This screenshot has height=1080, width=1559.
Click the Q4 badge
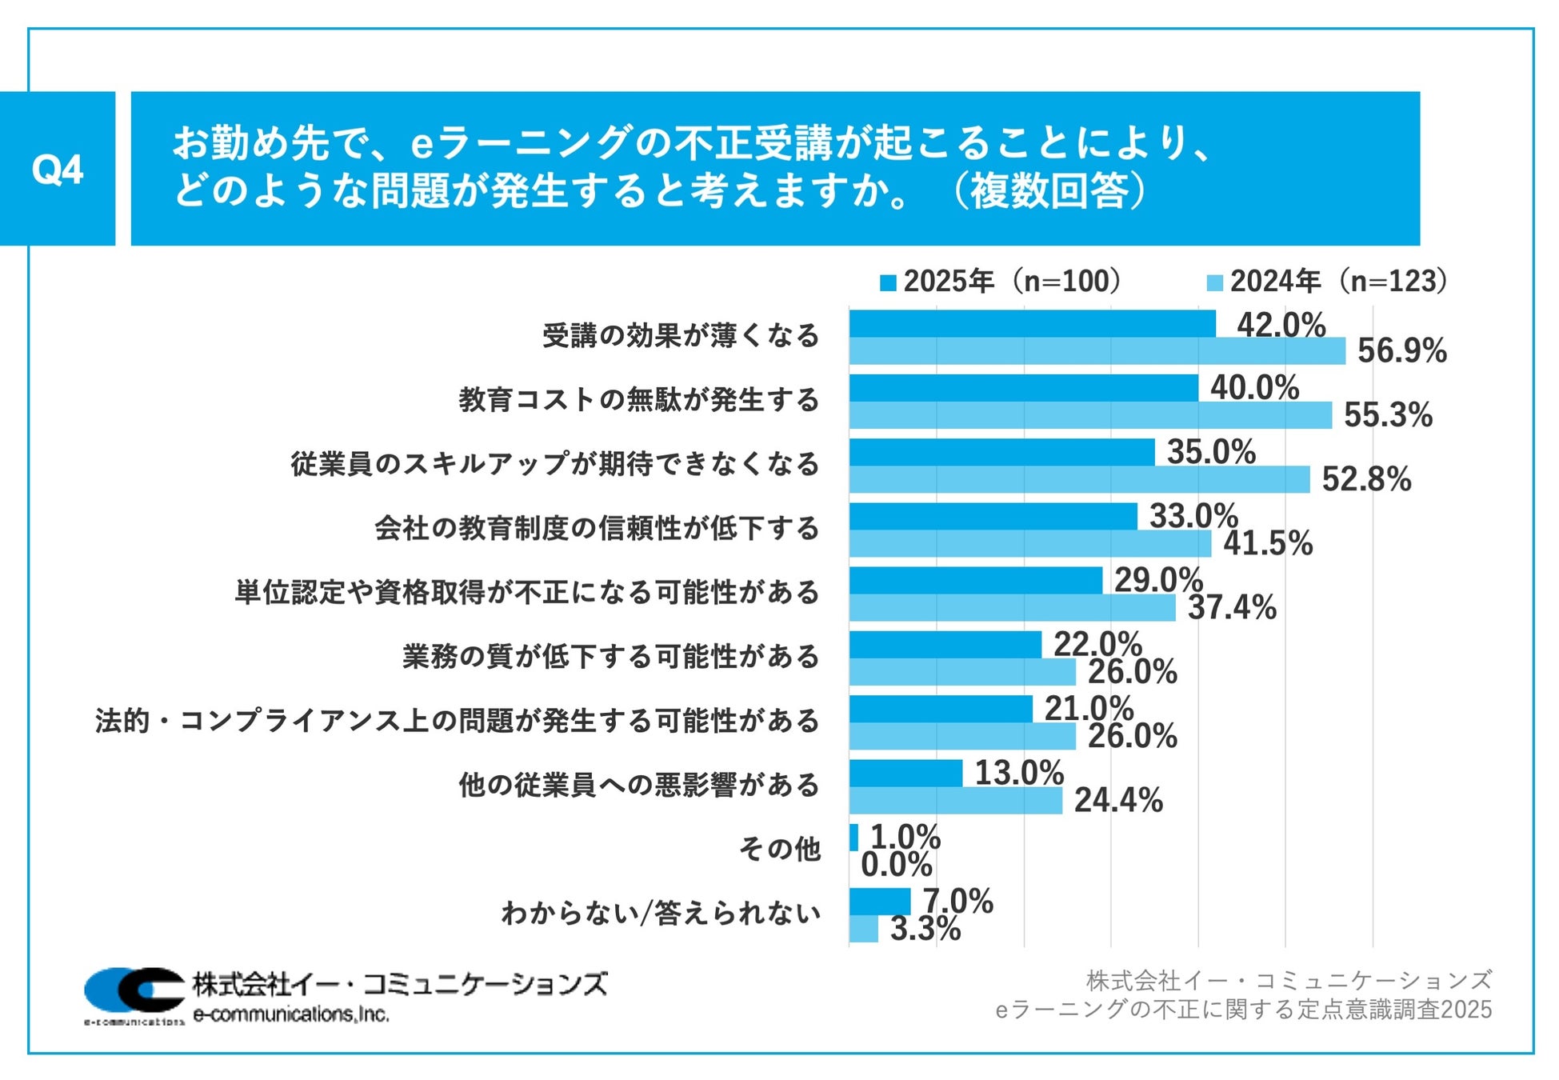[x=58, y=169]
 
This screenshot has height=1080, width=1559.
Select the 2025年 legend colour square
[x=888, y=282]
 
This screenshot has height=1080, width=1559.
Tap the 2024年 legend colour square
[x=1214, y=282]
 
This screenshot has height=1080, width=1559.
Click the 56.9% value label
[x=1401, y=351]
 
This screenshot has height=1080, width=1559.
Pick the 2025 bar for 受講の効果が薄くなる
[x=1032, y=324]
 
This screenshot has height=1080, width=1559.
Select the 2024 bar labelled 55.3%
[x=1090, y=415]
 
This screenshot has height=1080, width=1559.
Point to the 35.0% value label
[x=1211, y=452]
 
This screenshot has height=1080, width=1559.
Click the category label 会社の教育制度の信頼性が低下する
[x=597, y=528]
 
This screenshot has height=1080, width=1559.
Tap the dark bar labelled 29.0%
[x=976, y=581]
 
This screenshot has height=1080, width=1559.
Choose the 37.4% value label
[x=1232, y=608]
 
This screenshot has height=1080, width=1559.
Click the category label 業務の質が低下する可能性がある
[x=611, y=657]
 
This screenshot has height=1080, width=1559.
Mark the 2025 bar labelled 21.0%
[x=941, y=709]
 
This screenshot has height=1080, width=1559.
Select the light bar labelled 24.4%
[x=956, y=800]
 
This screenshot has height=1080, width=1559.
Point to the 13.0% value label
[x=1019, y=774]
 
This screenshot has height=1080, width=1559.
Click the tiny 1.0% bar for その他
[x=853, y=838]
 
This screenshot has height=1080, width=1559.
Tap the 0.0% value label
[x=896, y=865]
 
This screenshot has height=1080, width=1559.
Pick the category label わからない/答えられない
[x=661, y=913]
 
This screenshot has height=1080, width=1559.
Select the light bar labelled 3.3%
[x=864, y=929]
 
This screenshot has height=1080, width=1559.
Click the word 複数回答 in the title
[x=1049, y=191]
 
